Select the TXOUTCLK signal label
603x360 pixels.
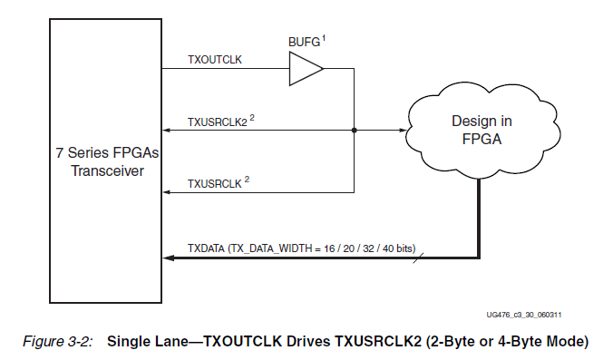213,59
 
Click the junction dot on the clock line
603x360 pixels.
354,131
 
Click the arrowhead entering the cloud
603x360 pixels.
400,131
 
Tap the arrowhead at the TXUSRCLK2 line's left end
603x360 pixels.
167,131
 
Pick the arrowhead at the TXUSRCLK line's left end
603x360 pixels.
167,192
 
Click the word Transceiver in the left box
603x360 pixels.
105,170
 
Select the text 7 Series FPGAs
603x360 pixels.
105,153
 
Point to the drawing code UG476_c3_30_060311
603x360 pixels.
523,315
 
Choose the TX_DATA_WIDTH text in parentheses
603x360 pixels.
273,247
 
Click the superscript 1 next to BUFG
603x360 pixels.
323,37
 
